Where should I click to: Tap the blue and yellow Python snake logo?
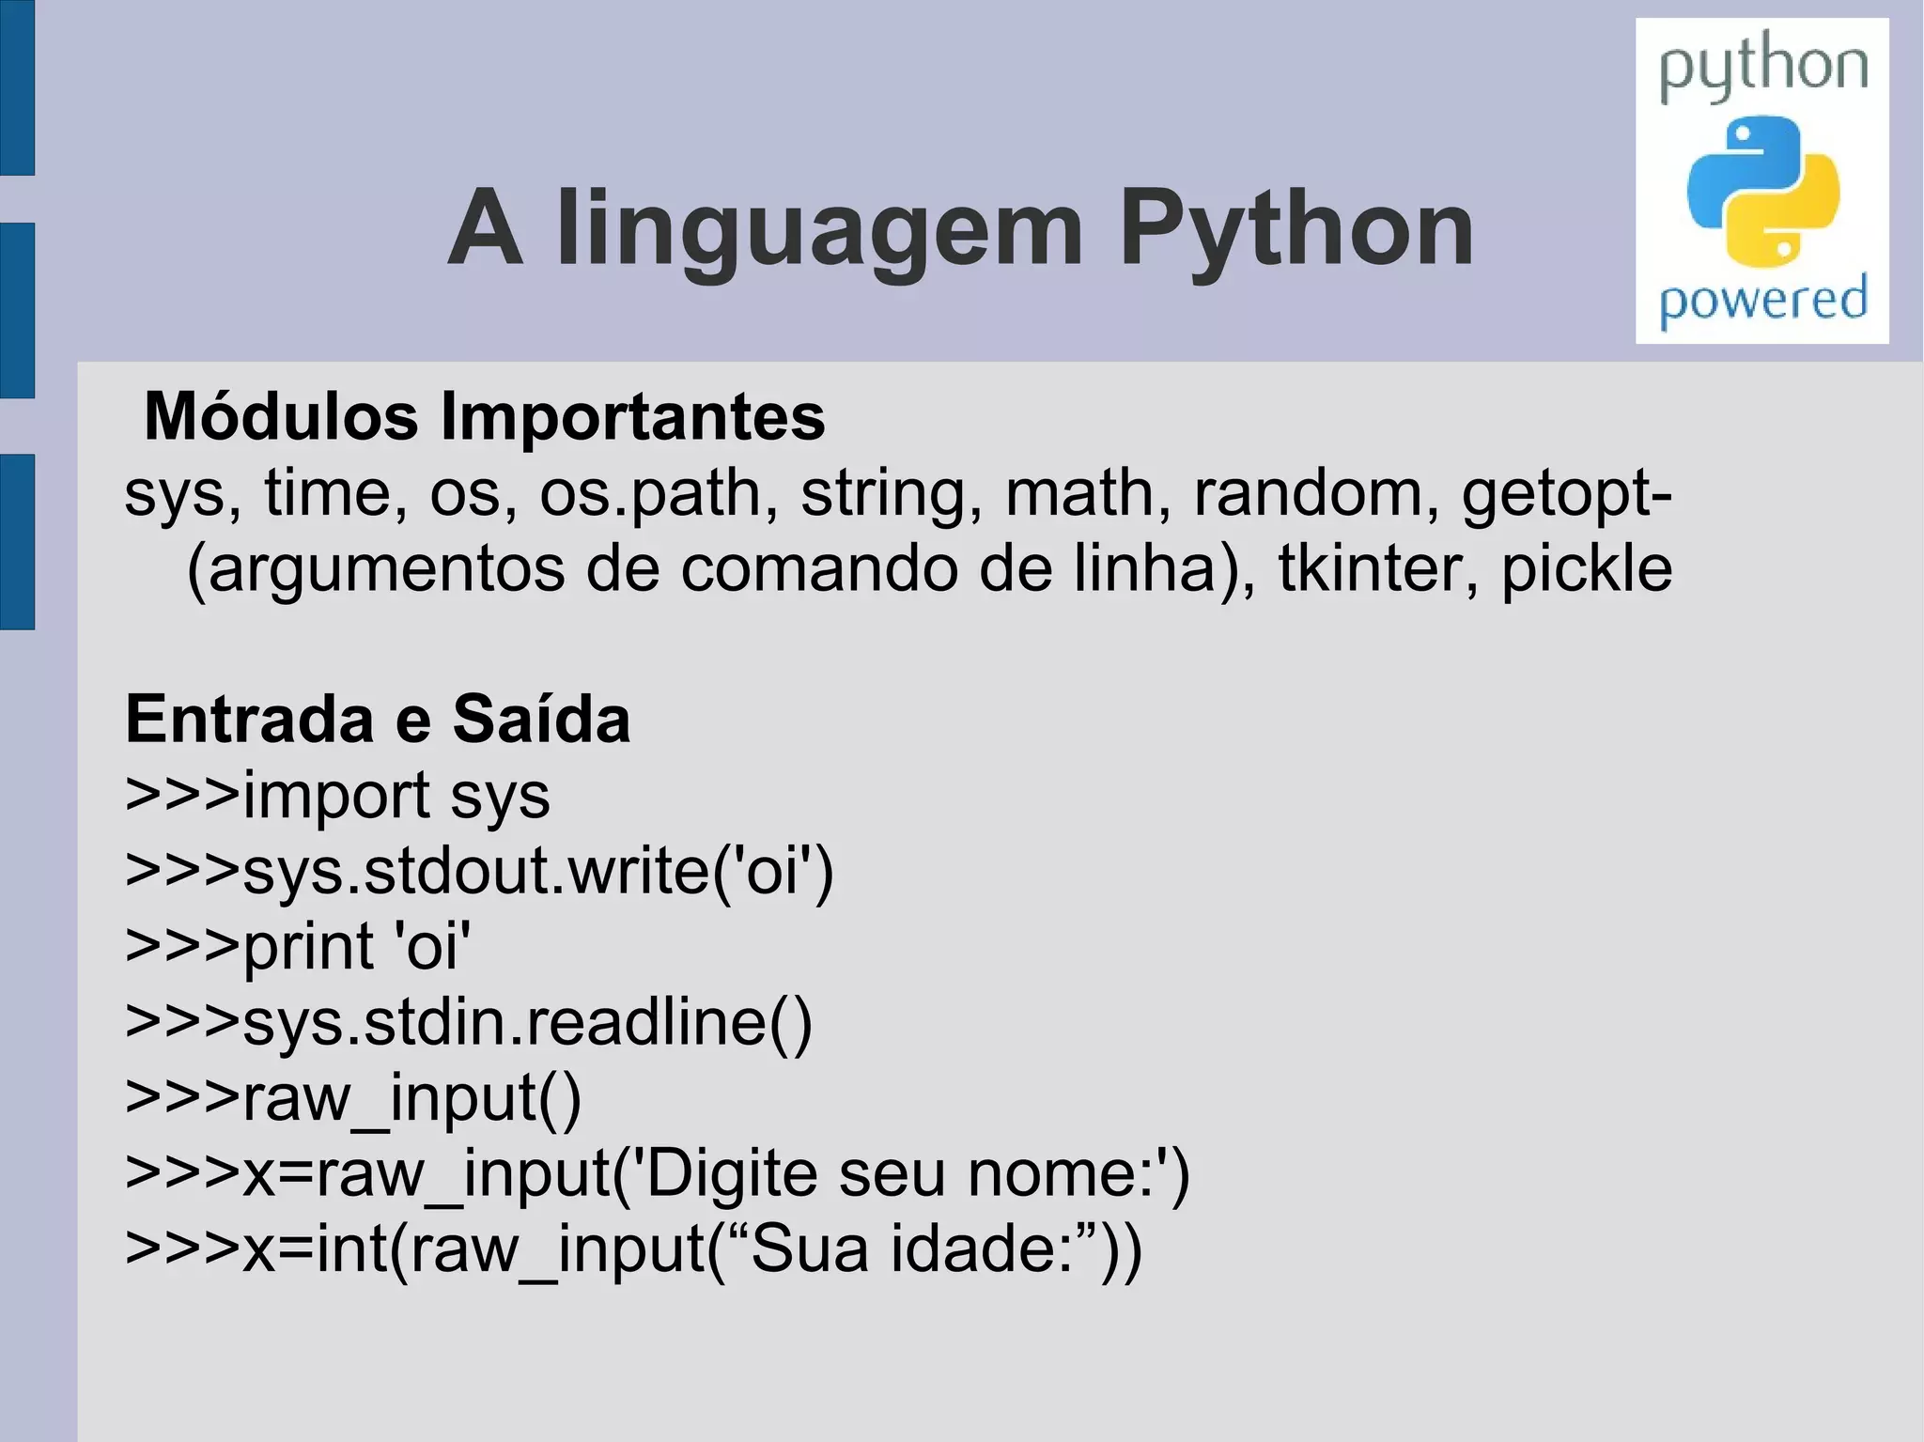point(1762,191)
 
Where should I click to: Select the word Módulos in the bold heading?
point(281,416)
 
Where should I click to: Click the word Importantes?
point(633,416)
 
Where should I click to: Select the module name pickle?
point(1587,569)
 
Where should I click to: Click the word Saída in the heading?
point(541,720)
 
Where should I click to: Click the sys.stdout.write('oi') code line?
point(479,872)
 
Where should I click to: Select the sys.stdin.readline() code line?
point(468,1022)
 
